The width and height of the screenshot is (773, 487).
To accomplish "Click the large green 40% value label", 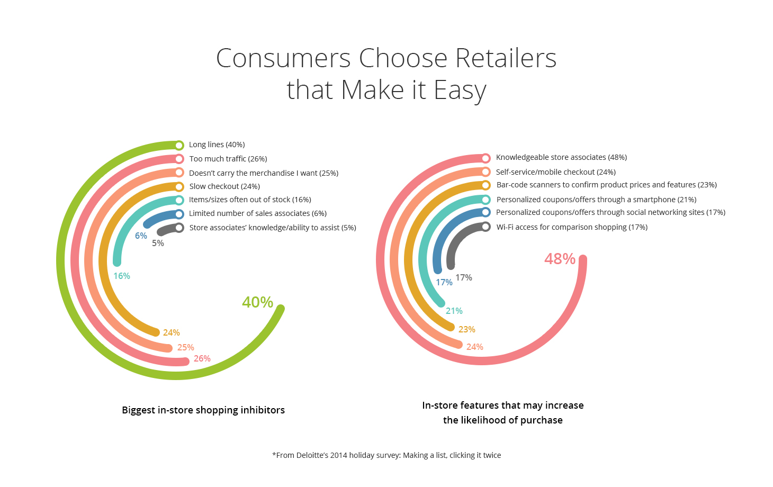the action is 257,302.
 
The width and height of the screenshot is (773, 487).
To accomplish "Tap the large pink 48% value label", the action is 560,259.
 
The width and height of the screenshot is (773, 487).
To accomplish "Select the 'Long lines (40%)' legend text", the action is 217,145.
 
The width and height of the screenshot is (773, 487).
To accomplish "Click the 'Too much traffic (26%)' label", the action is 228,159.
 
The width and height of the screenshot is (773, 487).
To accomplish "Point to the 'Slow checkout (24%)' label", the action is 224,186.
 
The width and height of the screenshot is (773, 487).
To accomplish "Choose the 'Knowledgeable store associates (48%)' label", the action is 561,157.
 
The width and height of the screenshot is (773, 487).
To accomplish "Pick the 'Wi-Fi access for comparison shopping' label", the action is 561,227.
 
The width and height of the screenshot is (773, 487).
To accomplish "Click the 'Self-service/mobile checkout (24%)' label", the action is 555,172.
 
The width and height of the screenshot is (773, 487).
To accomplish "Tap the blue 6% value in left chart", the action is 141,236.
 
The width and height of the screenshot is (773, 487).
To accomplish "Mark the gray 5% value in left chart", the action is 158,243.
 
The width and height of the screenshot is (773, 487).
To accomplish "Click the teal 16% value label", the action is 121,276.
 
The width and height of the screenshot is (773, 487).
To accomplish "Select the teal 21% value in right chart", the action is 454,311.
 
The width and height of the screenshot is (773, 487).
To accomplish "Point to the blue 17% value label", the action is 444,282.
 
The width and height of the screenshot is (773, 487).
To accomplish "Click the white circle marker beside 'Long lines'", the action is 179,145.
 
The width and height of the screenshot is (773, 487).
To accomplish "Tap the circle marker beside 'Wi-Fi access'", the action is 486,227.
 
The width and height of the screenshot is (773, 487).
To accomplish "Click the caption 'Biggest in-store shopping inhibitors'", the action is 203,410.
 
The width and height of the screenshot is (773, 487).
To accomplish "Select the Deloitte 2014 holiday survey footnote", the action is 386,455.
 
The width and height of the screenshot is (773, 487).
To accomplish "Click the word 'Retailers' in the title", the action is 506,58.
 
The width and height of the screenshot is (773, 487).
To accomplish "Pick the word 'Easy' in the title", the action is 460,90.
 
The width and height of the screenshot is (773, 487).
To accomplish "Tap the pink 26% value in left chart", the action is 202,359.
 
